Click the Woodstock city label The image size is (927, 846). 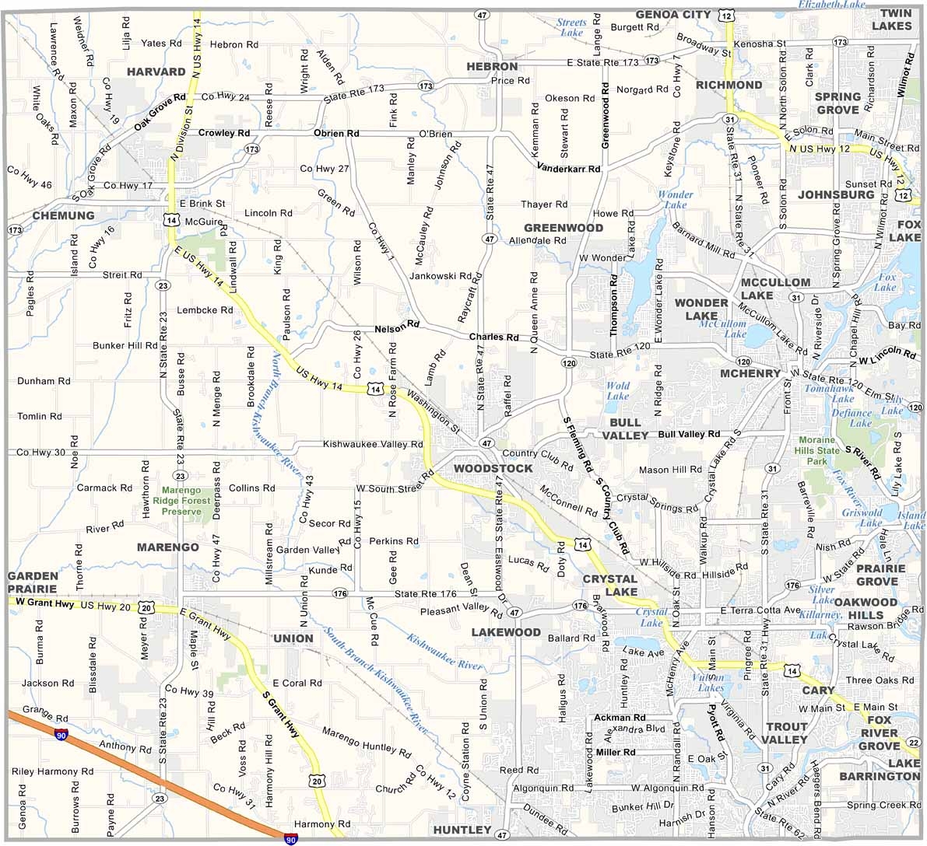493,468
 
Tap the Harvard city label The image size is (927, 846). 156,72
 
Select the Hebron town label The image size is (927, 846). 492,67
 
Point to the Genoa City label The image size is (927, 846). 673,14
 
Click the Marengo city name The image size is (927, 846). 167,547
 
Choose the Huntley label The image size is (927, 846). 462,830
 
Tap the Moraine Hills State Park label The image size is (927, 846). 818,450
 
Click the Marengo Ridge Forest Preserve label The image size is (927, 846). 181,501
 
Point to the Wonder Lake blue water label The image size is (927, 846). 675,200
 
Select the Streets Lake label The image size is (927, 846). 571,27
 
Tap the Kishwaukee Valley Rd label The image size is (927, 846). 373,444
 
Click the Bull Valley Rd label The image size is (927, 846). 689,434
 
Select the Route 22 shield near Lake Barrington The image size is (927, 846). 914,742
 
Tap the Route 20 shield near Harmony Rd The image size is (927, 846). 317,780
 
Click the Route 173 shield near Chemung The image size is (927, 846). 15,230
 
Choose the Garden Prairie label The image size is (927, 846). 33,582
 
